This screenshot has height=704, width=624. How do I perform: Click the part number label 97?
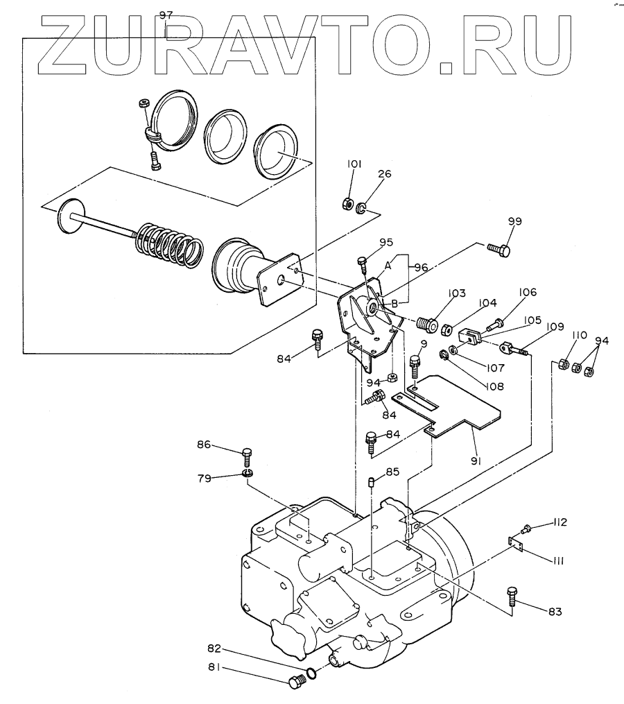tap(164, 15)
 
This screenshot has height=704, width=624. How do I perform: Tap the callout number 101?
tap(354, 165)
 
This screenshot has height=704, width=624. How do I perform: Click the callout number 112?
tap(560, 522)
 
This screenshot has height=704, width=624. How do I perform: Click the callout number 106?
tap(527, 293)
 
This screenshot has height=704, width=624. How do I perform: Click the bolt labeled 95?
tap(363, 263)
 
